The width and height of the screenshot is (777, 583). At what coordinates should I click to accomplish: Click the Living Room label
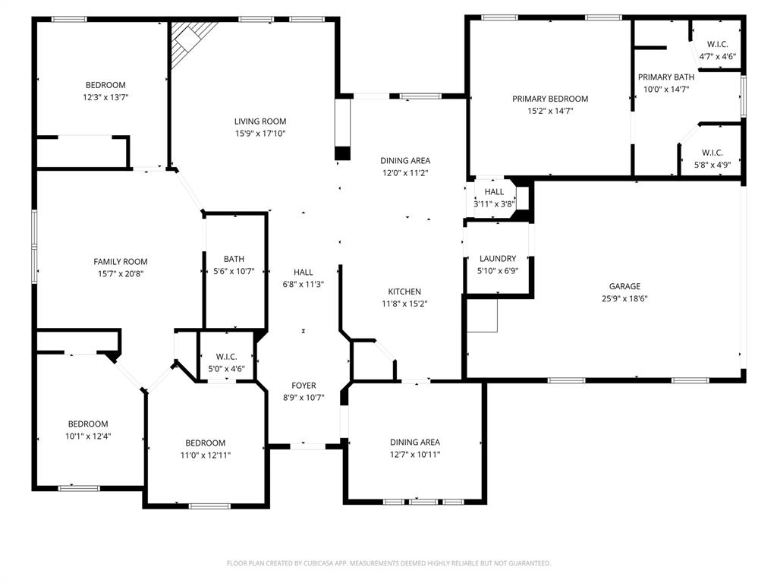coord(260,121)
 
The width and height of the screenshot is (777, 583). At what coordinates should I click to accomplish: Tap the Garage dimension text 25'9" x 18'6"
coord(624,298)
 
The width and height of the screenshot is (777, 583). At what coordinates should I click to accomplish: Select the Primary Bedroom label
coord(549,99)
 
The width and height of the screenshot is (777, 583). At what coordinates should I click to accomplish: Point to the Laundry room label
coord(498,259)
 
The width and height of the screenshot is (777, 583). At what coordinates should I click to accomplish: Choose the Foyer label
coord(304,386)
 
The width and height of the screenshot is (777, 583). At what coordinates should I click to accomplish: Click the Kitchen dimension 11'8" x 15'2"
coord(404,304)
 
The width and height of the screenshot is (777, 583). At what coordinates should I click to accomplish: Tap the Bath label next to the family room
coord(234,259)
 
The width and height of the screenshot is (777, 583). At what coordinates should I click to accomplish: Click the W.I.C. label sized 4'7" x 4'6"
coord(717,44)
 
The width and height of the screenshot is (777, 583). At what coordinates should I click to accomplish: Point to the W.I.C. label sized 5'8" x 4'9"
coord(712,153)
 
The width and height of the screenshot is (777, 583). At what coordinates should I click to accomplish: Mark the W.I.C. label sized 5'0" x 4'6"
coord(226,357)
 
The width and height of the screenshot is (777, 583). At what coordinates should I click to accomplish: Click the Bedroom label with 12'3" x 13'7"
coord(105,85)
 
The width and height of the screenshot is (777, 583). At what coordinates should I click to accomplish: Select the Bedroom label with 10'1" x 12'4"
coord(88,424)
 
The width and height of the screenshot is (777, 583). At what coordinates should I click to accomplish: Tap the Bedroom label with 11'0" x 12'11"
coord(206,443)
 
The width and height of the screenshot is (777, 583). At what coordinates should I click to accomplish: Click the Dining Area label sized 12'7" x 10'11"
coord(414,442)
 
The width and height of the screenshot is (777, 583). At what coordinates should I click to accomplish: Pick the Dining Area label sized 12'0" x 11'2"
coord(404,160)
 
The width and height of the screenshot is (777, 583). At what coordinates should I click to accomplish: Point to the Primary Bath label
coord(665,77)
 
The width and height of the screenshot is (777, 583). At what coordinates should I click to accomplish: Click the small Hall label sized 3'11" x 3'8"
coord(494,192)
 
